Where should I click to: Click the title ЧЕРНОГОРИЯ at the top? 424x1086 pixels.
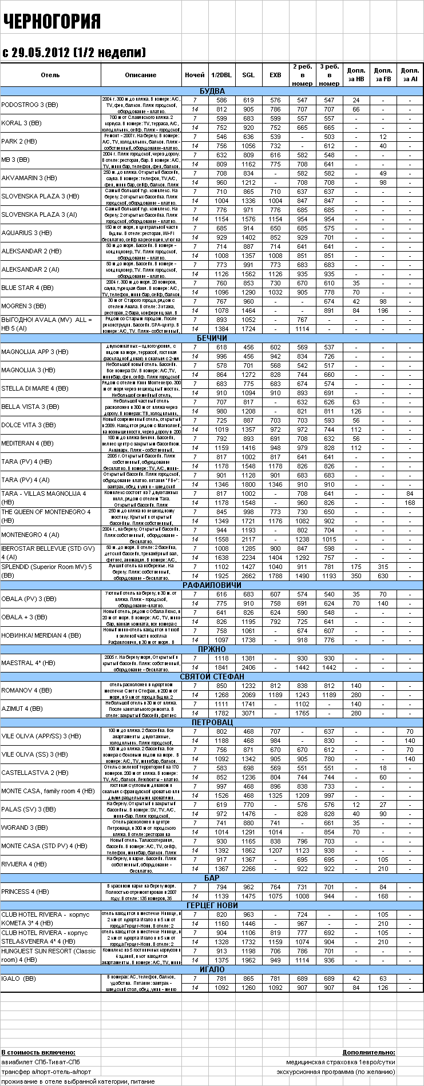pos(52,22)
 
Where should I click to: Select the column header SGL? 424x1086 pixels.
pos(248,75)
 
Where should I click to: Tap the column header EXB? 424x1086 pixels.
pos(275,75)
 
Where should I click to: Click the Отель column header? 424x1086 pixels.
pos(50,75)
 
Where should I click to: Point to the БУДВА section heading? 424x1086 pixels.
pos(212,91)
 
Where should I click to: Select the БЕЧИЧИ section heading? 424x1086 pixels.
pos(212,338)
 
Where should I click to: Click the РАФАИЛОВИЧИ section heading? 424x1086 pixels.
pos(212,585)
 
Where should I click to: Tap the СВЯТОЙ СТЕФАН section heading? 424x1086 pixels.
pos(212,677)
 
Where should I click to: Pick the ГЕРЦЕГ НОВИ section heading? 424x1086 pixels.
pos(212,905)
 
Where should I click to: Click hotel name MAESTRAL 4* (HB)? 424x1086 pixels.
pos(28,663)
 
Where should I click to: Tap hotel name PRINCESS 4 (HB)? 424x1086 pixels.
pos(25,892)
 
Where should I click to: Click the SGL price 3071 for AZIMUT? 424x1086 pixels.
pos(248,713)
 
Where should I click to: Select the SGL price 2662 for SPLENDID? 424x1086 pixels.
pos(248,576)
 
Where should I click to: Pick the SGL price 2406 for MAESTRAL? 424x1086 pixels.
pos(248,667)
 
